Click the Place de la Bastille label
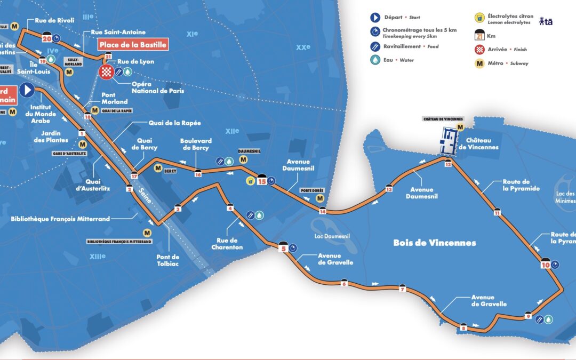(133, 45)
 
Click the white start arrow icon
(27, 90)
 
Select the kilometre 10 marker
(545, 263)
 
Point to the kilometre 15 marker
(261, 180)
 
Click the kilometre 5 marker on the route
(284, 247)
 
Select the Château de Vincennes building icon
(449, 140)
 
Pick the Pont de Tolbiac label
(168, 260)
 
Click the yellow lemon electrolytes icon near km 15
(250, 181)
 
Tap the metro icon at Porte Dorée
(319, 198)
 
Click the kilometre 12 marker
(448, 164)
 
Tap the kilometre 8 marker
(463, 327)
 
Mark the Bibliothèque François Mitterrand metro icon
(147, 233)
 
